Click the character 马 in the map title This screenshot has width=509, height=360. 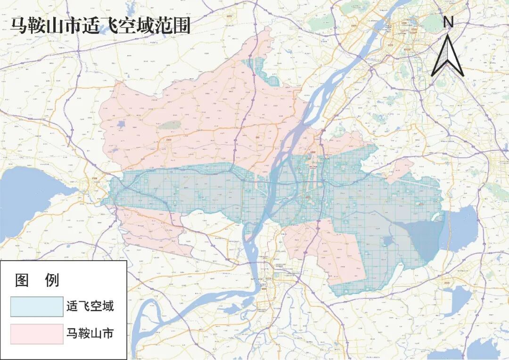click(x=19, y=25)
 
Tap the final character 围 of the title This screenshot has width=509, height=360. click(x=181, y=25)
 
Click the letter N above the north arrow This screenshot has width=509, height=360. click(x=448, y=22)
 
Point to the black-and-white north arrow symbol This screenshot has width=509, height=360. click(x=448, y=57)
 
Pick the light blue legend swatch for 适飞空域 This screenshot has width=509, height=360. click(x=37, y=307)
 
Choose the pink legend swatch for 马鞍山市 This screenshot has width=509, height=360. click(x=37, y=334)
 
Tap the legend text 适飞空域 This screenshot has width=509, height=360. click(x=90, y=307)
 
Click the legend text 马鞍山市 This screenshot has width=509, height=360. click(x=90, y=334)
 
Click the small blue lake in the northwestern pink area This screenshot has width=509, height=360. click(x=121, y=125)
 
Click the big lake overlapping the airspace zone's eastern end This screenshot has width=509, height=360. click(x=460, y=229)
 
